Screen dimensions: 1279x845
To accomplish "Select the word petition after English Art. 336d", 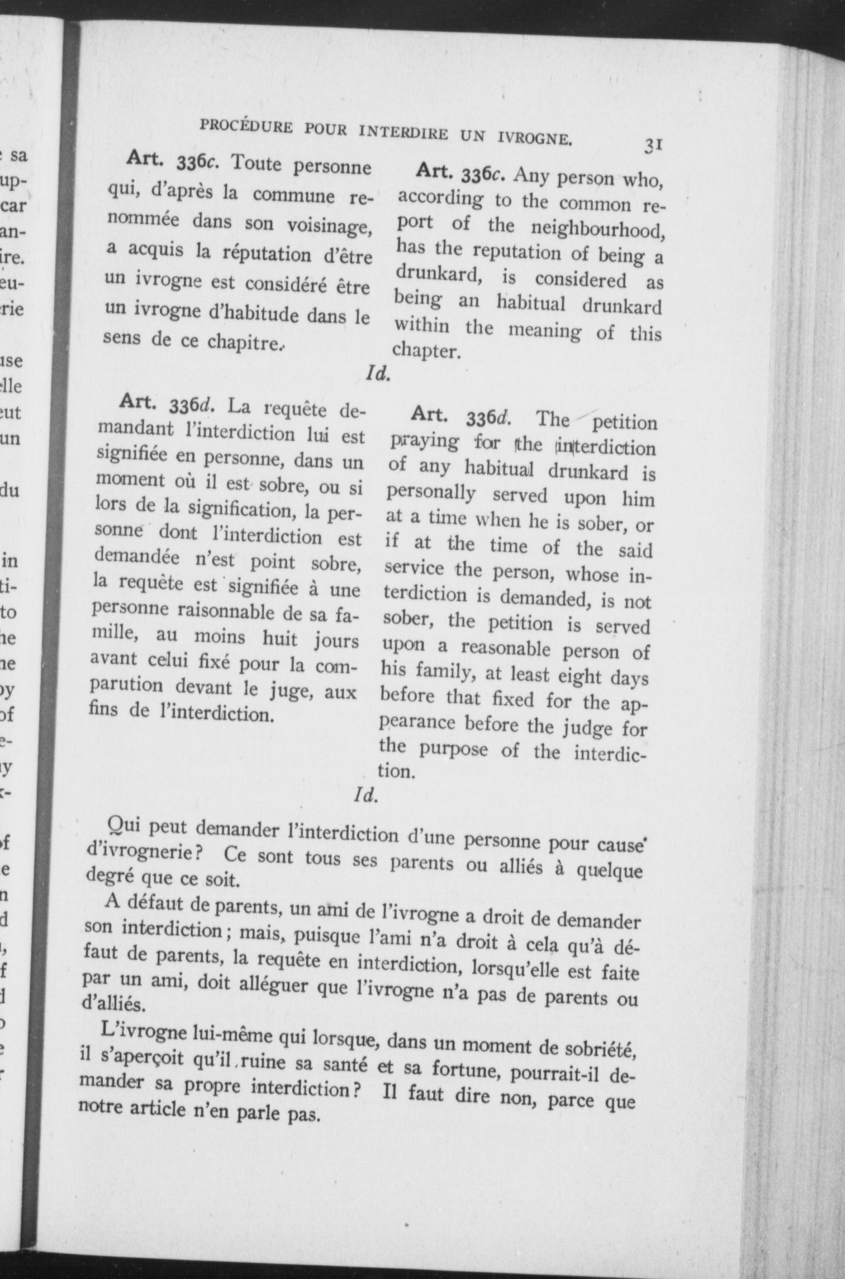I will click(624, 423).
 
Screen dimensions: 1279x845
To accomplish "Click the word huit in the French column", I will click(280, 638).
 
